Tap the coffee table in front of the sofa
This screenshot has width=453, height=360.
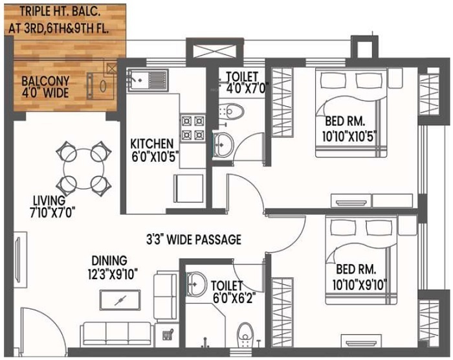pyautogui.click(x=120, y=300)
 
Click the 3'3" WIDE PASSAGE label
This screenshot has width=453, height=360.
pyautogui.click(x=193, y=240)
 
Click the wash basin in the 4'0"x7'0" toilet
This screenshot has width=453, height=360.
pyautogui.click(x=222, y=143)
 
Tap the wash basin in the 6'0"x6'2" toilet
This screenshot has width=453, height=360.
pyautogui.click(x=197, y=282)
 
